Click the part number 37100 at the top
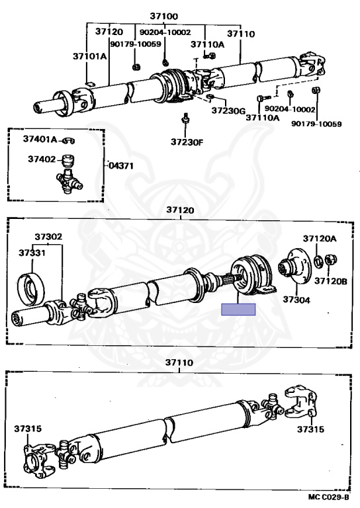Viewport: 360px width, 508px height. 163,16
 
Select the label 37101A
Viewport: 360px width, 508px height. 89,56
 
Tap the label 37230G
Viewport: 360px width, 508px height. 228,110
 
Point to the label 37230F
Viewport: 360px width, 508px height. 187,142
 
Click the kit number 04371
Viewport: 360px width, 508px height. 121,165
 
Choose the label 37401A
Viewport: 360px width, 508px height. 40,140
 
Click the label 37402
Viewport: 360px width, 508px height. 42,159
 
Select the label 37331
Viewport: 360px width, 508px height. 32,253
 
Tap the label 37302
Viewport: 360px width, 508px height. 48,237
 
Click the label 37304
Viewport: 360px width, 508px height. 296,300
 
